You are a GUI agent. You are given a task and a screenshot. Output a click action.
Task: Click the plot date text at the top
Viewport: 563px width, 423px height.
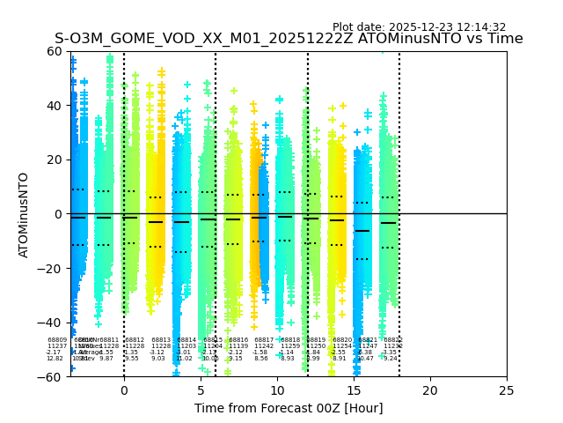tap(419, 27)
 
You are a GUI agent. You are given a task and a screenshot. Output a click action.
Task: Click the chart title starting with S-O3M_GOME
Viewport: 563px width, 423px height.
tap(289, 40)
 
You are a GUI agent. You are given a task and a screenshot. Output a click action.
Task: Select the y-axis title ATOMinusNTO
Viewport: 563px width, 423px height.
tap(24, 214)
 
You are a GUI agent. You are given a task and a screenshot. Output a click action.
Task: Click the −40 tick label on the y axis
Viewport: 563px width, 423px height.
tap(54, 323)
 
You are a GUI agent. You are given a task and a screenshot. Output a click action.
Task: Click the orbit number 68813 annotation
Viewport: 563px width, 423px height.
tap(161, 340)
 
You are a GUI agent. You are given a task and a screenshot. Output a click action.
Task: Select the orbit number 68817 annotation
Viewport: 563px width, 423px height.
tap(264, 340)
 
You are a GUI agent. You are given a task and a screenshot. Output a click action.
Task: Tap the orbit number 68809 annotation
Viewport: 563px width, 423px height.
tap(57, 340)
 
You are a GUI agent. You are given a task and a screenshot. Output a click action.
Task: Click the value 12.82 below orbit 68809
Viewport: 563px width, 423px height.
tap(55, 359)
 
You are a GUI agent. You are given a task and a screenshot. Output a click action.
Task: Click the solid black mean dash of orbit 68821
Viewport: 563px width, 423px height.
tap(362, 231)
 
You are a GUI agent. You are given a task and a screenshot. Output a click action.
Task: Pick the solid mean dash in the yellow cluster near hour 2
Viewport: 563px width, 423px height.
tap(156, 222)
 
